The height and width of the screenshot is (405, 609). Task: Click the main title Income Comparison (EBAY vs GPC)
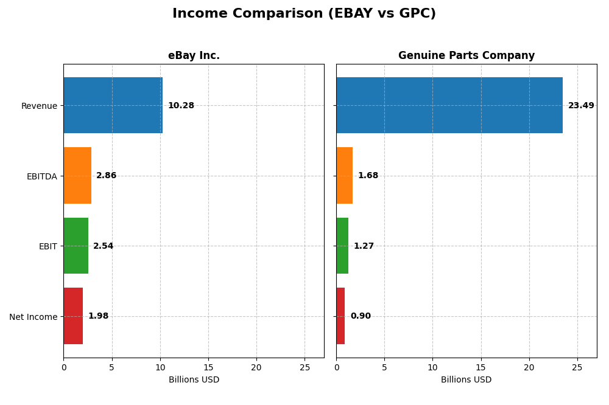coord(304,13)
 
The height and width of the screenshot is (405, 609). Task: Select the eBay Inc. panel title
coord(194,56)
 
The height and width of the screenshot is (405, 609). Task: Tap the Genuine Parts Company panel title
coord(466,56)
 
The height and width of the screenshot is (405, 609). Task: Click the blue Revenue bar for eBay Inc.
coord(113,105)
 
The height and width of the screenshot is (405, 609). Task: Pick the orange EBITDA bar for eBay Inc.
coord(77,176)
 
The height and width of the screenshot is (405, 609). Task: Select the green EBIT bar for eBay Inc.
coord(76,246)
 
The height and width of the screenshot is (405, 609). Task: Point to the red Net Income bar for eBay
coord(73,316)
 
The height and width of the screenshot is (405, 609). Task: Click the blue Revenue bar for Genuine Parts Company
coord(449,105)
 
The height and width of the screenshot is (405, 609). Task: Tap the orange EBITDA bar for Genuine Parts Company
coord(344,176)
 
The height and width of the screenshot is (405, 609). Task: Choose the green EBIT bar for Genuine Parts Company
coord(342,246)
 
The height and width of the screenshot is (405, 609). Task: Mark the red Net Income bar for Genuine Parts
coord(340,316)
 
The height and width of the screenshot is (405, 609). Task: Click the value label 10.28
coord(181,106)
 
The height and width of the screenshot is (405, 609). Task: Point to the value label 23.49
coord(581,106)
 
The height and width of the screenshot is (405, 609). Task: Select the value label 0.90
coord(361,316)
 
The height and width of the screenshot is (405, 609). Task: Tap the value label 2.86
coord(106,176)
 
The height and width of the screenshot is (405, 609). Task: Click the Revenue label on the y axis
coord(39,106)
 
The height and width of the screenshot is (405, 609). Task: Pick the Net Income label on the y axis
coord(33,317)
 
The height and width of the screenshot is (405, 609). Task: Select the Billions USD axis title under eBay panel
coord(194,380)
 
